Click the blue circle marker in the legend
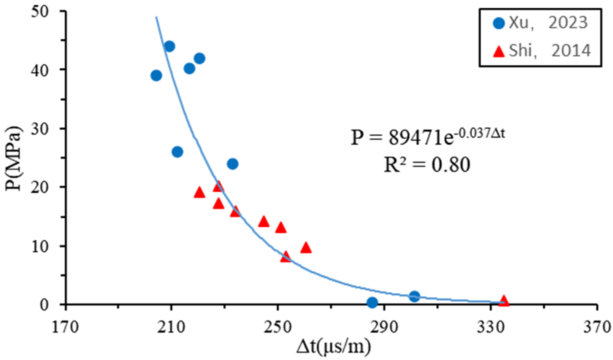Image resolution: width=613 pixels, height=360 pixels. tap(499, 23)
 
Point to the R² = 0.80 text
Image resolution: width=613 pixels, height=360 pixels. tap(427, 165)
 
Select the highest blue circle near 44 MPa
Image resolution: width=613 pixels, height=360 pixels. tap(169, 46)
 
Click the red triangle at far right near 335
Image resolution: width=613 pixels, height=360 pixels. tap(504, 301)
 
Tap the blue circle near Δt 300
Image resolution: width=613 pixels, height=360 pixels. tap(414, 296)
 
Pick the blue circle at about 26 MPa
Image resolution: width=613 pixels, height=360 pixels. tap(177, 152)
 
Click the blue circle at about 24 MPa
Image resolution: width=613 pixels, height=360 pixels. tap(232, 164)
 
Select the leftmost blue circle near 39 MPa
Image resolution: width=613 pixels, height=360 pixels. tap(156, 75)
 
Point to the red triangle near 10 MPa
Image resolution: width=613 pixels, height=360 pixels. tap(306, 248)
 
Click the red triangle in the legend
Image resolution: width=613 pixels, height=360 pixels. tap(499, 52)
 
